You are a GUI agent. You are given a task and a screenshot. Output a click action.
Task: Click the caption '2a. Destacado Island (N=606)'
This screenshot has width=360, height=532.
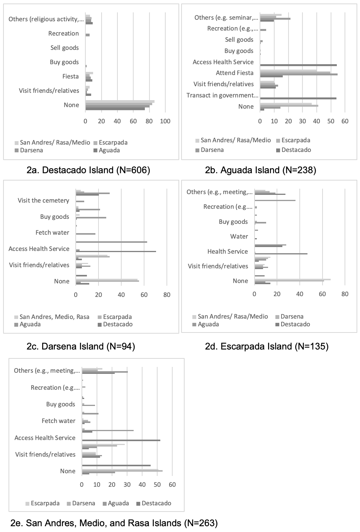tap(88, 170)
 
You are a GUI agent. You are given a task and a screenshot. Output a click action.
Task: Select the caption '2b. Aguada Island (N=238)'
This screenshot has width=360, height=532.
tap(261, 170)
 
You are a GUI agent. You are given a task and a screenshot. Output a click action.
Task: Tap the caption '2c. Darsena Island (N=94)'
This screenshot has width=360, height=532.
tap(81, 346)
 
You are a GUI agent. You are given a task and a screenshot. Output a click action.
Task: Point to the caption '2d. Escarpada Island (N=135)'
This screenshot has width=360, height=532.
tap(267, 346)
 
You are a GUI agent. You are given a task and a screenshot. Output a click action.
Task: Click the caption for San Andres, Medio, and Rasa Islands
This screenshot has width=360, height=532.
tap(114, 523)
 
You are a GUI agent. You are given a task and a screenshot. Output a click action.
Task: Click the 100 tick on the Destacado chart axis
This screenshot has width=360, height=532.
tap(165, 121)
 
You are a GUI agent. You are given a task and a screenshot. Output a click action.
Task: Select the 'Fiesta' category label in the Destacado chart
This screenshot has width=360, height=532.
tap(70, 76)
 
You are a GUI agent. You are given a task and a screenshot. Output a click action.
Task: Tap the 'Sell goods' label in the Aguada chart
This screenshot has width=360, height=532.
tap(239, 40)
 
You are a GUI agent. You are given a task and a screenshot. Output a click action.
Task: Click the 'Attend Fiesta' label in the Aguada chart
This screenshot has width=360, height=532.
tap(235, 73)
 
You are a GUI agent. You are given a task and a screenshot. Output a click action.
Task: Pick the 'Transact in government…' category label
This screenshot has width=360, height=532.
tap(222, 95)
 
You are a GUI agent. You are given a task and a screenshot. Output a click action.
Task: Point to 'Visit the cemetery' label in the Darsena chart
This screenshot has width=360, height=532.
tap(43, 200)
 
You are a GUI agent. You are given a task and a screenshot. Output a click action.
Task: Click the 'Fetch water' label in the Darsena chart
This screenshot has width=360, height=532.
tap(53, 232)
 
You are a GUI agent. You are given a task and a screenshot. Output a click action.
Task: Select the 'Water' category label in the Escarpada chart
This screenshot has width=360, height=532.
tap(239, 236)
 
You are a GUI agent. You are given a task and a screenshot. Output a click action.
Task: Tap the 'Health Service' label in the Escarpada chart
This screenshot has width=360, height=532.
tap(228, 251)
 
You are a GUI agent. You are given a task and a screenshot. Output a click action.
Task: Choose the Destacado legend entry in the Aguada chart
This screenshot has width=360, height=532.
tap(294, 150)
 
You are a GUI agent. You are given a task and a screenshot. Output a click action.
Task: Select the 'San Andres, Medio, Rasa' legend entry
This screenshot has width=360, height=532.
tap(52, 317)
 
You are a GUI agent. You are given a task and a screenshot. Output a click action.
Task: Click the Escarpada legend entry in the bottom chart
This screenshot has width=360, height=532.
tap(42, 503)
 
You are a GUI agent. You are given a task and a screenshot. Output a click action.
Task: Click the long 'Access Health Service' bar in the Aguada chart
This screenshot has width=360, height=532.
tap(298, 65)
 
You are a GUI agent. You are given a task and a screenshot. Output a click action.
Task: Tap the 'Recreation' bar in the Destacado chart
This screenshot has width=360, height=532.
tap(88, 35)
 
